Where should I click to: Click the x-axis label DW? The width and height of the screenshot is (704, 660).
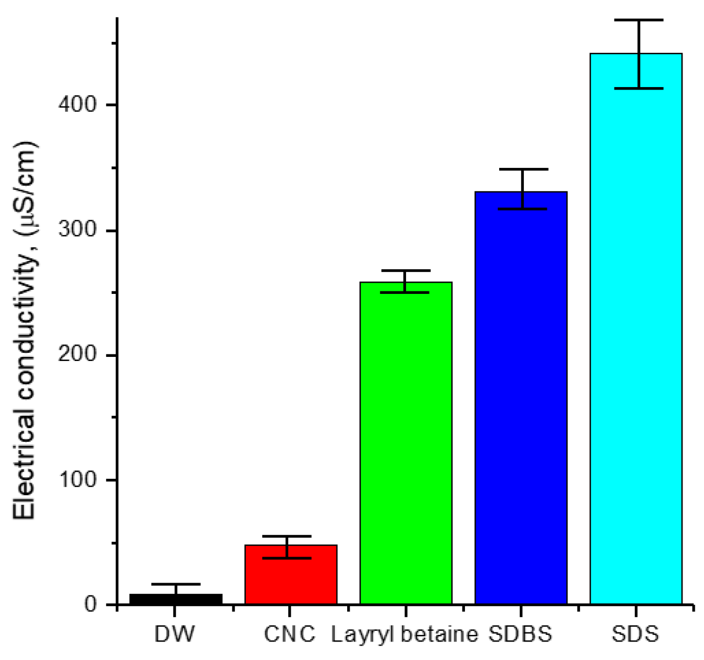(x=175, y=634)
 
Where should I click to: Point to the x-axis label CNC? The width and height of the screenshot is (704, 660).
(x=290, y=634)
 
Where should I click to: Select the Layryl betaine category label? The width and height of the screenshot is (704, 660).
(x=404, y=634)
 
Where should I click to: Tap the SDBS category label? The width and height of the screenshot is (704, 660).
(x=520, y=634)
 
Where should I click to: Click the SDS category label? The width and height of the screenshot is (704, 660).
(x=635, y=634)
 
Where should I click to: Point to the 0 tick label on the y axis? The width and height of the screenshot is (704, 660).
(x=90, y=605)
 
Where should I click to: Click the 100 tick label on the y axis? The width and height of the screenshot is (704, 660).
(x=77, y=480)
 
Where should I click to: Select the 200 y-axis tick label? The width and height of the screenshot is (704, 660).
(x=77, y=355)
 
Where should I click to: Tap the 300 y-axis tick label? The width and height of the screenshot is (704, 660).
(x=77, y=230)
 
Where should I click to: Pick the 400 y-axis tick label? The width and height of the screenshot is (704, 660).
(x=77, y=105)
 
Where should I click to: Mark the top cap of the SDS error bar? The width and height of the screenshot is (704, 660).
(x=639, y=20)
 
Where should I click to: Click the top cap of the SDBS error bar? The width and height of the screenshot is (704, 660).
(x=523, y=169)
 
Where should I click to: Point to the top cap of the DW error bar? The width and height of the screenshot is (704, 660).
(x=176, y=584)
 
